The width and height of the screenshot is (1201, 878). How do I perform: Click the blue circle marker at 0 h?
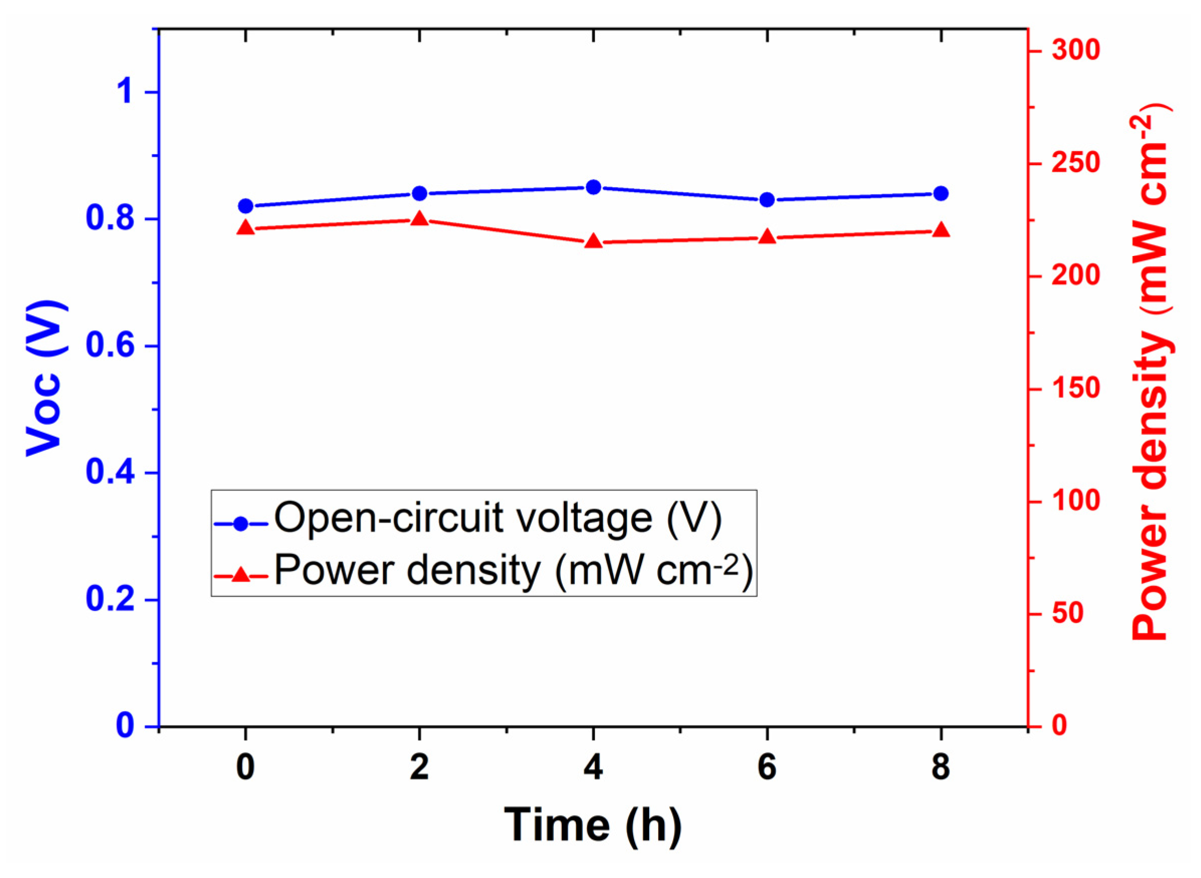[245, 206]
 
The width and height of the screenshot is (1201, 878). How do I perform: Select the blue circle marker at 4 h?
[593, 187]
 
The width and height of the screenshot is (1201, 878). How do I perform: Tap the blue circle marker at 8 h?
[940, 193]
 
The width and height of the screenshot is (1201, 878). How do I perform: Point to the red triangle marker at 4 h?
[593, 242]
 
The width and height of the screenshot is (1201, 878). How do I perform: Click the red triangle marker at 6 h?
[767, 237]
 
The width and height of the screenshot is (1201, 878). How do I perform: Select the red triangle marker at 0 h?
[245, 228]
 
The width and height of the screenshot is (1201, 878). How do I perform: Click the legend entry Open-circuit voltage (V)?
[497, 518]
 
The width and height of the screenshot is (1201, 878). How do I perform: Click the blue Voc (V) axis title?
[47, 378]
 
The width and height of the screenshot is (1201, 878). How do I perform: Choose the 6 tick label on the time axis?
[767, 768]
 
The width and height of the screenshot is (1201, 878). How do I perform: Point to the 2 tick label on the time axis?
[419, 768]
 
